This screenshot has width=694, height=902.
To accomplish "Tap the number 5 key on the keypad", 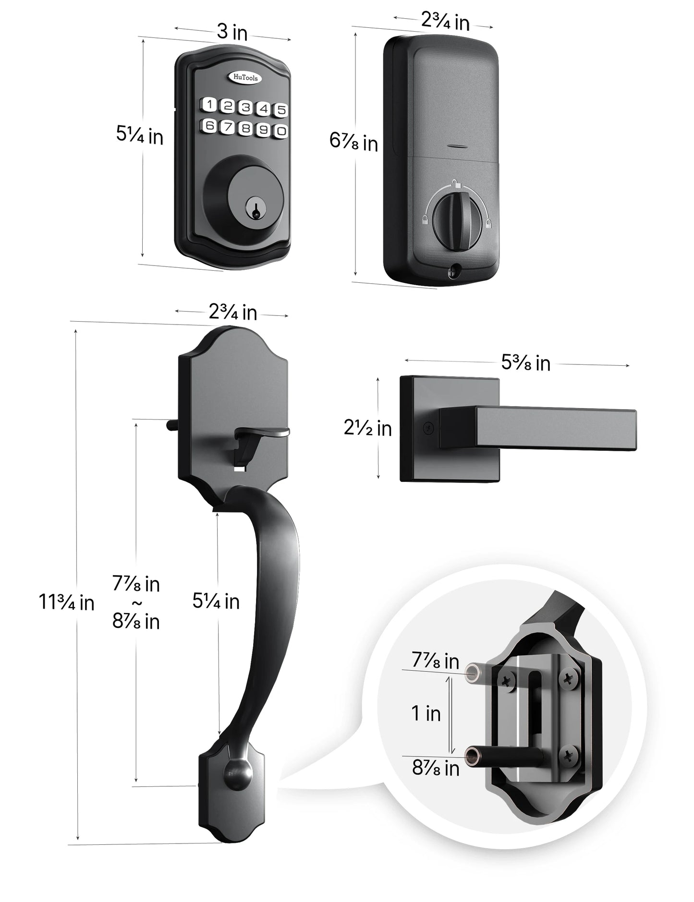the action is pyautogui.click(x=281, y=110).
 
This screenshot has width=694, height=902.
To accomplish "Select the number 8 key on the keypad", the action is pyautogui.click(x=246, y=128).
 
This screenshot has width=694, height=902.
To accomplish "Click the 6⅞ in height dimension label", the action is pyautogui.click(x=353, y=142).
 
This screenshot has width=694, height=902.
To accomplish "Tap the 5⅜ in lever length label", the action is pyautogui.click(x=525, y=363).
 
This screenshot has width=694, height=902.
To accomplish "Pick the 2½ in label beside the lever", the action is pyautogui.click(x=367, y=428).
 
